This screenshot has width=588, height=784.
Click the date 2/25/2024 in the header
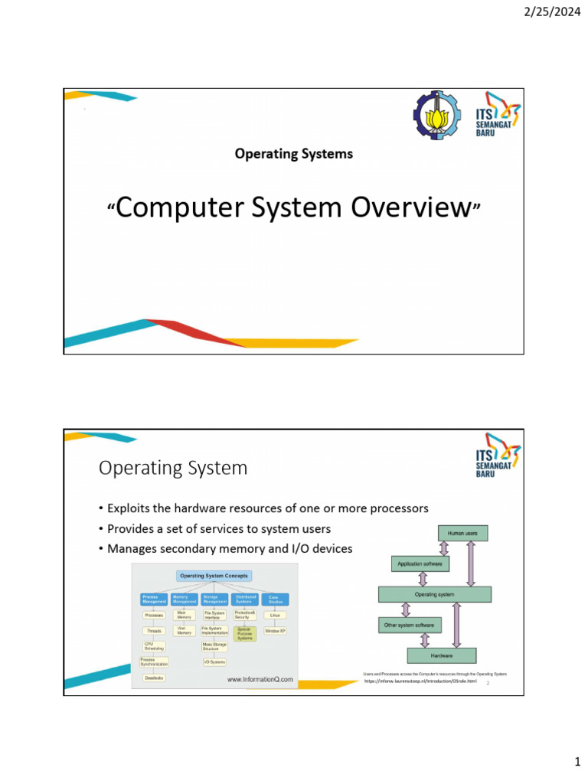click(548, 11)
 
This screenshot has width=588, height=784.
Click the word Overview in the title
click(407, 207)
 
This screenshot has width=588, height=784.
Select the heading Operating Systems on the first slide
click(294, 154)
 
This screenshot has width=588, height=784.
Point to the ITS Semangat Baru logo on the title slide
click(498, 116)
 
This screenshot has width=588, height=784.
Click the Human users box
click(462, 533)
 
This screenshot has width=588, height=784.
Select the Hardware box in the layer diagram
click(441, 655)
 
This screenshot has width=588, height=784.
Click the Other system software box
click(410, 626)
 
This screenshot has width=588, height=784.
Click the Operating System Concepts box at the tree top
click(214, 576)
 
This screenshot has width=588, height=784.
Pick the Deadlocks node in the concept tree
click(153, 678)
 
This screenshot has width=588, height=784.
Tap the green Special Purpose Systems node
click(245, 634)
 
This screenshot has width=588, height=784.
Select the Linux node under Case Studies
click(275, 615)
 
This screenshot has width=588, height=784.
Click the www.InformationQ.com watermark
click(260, 678)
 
